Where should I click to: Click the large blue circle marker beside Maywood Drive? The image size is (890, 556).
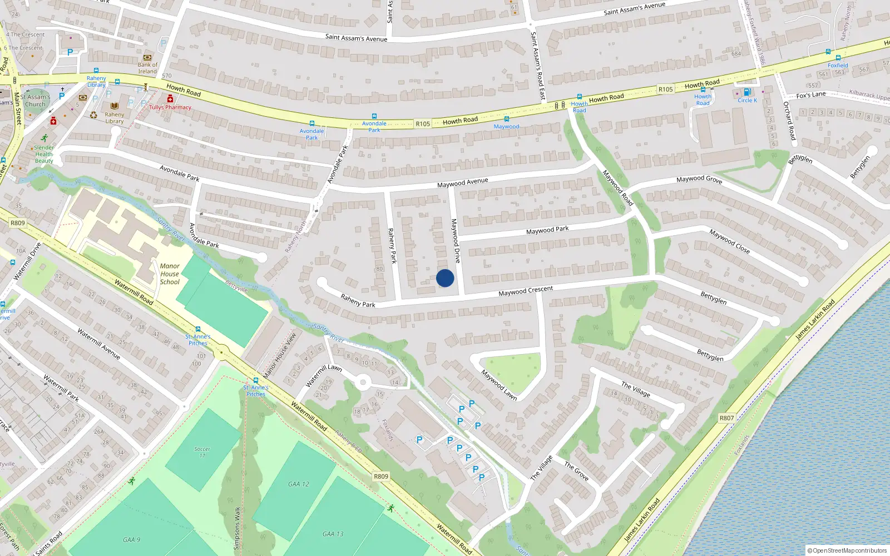tap(445, 278)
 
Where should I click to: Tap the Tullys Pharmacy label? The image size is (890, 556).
tap(170, 107)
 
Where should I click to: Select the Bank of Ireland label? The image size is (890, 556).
tap(147, 68)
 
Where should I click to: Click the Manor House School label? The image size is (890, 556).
tap(170, 274)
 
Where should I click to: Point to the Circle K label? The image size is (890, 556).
tap(747, 101)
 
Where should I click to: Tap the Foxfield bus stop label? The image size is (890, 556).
tap(838, 65)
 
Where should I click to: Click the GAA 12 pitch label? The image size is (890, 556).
tap(299, 484)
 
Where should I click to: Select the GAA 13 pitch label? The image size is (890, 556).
tap(333, 534)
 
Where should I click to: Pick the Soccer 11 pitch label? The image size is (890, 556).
tap(202, 452)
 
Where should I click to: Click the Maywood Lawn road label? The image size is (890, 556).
tap(499, 385)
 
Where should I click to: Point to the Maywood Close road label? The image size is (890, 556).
tap(729, 241)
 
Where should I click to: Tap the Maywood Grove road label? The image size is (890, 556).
tap(699, 179)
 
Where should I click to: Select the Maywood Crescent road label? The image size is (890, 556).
tap(526, 291)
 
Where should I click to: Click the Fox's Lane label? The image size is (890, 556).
tap(810, 95)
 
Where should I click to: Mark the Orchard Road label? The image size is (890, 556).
tap(789, 120)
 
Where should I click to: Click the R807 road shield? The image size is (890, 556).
tap(726, 418)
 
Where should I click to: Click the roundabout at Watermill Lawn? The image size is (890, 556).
tap(363, 382)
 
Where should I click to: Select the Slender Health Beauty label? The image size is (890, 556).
tap(44, 155)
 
